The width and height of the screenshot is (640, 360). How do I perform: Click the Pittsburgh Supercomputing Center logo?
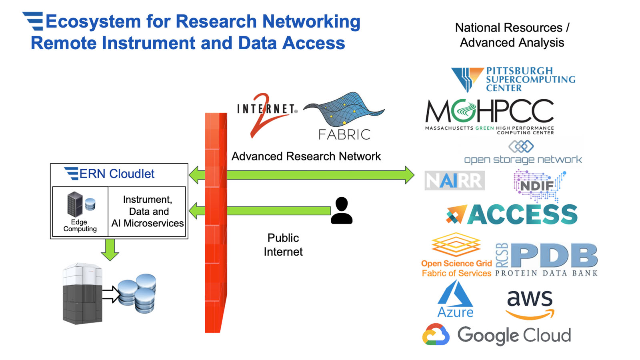pos(513,79)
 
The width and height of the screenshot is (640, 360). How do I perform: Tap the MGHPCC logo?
pos(489,116)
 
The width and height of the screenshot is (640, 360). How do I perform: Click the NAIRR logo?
pos(454,181)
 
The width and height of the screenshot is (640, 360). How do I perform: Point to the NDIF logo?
pos(538,185)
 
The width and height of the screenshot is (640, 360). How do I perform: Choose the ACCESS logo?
pos(512,214)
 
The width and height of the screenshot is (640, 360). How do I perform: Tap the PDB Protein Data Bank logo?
pos(546,259)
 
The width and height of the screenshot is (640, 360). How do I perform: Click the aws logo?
pos(530,304)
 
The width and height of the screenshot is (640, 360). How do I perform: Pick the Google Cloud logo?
pos(496,335)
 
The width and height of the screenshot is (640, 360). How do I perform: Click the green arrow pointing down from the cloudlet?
pos(110,250)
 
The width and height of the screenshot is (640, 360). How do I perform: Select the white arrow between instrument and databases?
pos(111,294)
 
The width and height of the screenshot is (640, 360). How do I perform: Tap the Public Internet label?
pos(283,245)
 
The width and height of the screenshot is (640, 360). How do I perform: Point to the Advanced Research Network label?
pos(306,156)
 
